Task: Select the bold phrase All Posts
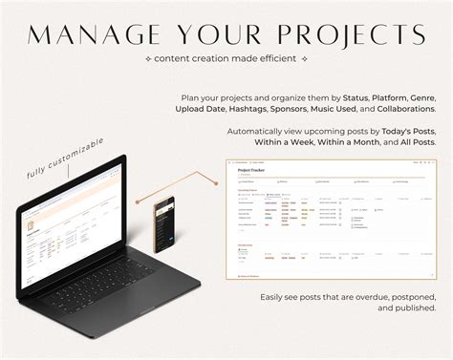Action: coord(417,141)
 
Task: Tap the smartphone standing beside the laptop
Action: coord(164,225)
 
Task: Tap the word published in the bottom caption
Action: coord(413,307)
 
